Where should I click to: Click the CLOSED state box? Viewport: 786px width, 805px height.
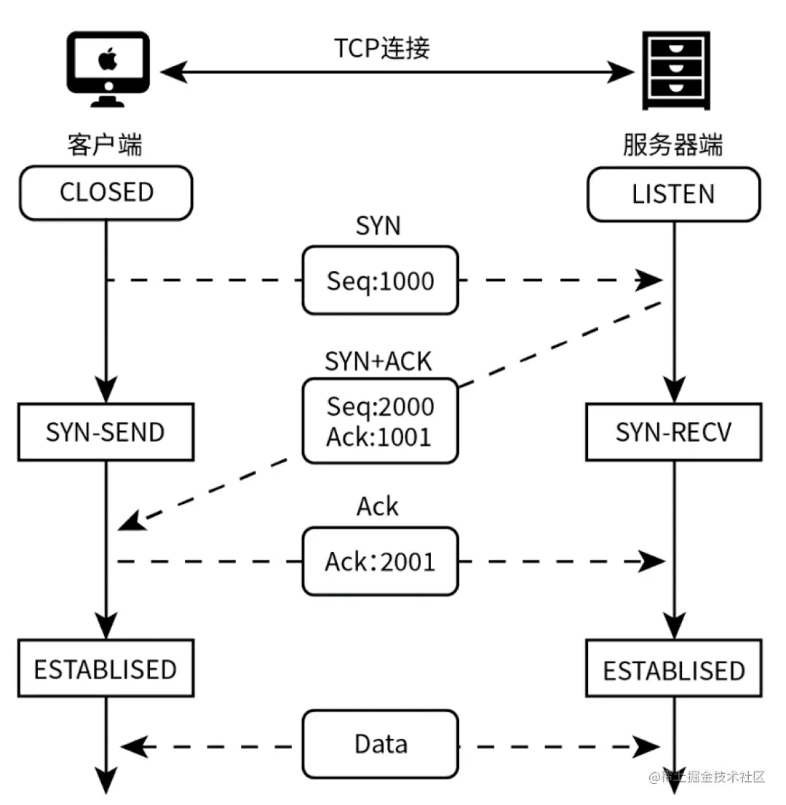click(106, 193)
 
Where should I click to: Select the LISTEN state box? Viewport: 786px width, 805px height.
click(673, 194)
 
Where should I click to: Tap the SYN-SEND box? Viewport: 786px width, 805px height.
click(106, 433)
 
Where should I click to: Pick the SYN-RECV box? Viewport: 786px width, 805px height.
click(673, 433)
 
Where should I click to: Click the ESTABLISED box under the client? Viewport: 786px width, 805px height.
click(106, 668)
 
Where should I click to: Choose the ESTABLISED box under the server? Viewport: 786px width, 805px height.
click(673, 670)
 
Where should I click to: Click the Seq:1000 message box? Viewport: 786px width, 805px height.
click(380, 281)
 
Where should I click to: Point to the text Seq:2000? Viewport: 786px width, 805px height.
click(380, 406)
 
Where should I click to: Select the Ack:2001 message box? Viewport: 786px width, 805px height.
click(380, 561)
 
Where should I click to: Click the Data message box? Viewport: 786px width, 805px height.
click(380, 744)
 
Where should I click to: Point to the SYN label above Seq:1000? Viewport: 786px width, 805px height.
click(378, 225)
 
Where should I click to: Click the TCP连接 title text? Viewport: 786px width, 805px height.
click(382, 47)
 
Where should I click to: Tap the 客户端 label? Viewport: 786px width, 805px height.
click(105, 145)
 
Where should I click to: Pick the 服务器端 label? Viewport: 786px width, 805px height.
click(673, 145)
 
